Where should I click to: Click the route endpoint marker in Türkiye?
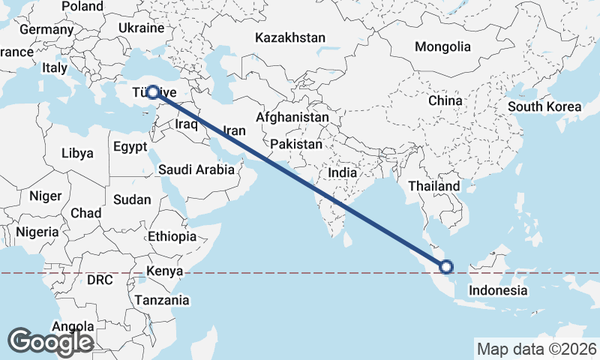click(153, 92)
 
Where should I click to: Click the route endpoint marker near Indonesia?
click(446, 266)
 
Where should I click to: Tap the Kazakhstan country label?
click(289, 37)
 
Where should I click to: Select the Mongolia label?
click(442, 46)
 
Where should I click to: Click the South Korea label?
click(544, 106)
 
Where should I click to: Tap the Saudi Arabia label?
click(196, 169)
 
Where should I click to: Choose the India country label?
click(343, 172)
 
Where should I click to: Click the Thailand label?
click(434, 185)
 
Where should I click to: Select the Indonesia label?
click(498, 290)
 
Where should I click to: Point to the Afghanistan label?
click(292, 118)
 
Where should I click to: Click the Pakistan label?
click(297, 144)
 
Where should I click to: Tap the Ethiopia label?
click(172, 236)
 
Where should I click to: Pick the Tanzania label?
click(162, 300)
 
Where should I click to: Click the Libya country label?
click(77, 153)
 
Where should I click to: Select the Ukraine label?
click(141, 28)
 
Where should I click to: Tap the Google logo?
click(50, 341)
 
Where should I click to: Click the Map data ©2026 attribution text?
click(536, 348)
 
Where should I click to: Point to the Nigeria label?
click(37, 232)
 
